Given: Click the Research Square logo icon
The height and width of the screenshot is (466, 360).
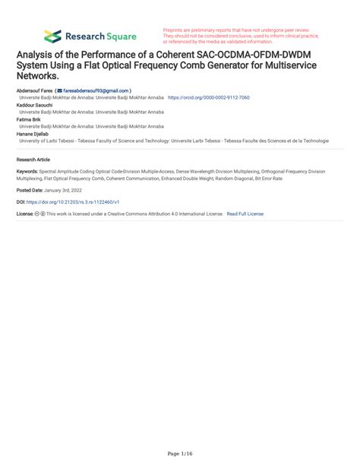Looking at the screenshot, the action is coord(52,36).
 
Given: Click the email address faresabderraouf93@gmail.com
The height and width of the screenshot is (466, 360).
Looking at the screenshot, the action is coord(100,90).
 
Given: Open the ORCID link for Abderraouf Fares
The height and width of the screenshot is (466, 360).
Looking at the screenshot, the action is coord(208,98).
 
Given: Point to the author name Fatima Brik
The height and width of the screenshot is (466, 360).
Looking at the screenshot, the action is coord(29,119).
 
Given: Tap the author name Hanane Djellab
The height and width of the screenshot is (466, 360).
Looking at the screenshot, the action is coord(33,133).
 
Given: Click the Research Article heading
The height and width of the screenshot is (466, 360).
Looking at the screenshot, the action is coord(33,160).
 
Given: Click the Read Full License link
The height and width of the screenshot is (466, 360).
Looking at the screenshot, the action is coord(245,214).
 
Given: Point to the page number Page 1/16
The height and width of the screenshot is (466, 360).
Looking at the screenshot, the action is coord(179,454).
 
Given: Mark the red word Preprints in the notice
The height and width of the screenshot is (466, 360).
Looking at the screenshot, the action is coord(175,30).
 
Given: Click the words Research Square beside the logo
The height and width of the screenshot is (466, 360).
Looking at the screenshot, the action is coord(100,36).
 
